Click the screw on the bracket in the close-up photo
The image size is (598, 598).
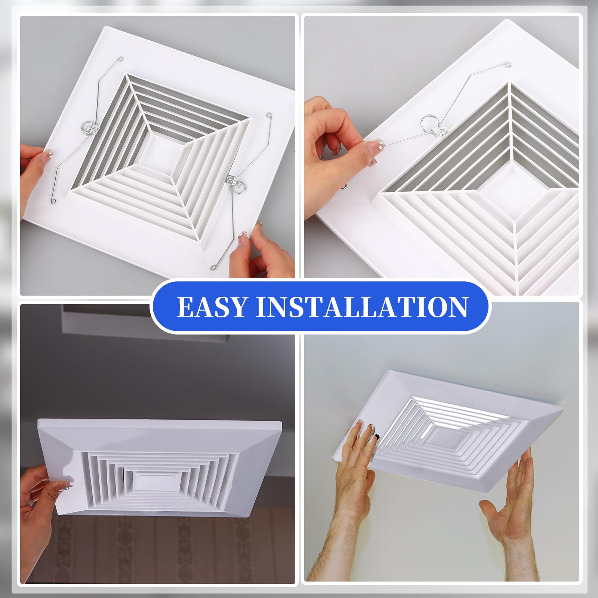click(443, 132)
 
